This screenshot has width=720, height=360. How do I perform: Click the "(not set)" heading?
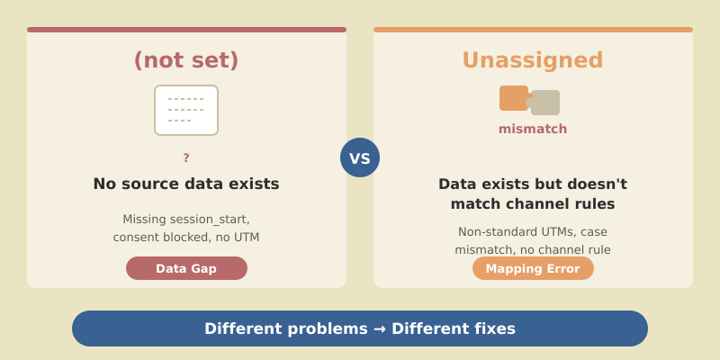(186, 60)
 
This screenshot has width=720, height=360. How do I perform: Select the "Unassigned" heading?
(533, 60)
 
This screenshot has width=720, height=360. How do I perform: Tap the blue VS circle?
(360, 157)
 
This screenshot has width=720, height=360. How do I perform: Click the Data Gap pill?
(186, 268)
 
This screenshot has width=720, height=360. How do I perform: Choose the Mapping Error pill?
(533, 268)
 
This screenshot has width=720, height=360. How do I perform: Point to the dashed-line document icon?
(186, 110)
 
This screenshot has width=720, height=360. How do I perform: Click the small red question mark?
(186, 158)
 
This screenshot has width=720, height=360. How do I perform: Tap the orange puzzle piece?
(514, 98)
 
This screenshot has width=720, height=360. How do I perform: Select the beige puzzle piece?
(545, 103)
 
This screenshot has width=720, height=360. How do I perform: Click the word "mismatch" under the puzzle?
(533, 129)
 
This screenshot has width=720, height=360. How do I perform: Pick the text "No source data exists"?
(186, 184)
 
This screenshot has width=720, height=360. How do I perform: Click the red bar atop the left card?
(186, 30)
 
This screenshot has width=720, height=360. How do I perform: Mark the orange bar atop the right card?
(533, 30)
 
